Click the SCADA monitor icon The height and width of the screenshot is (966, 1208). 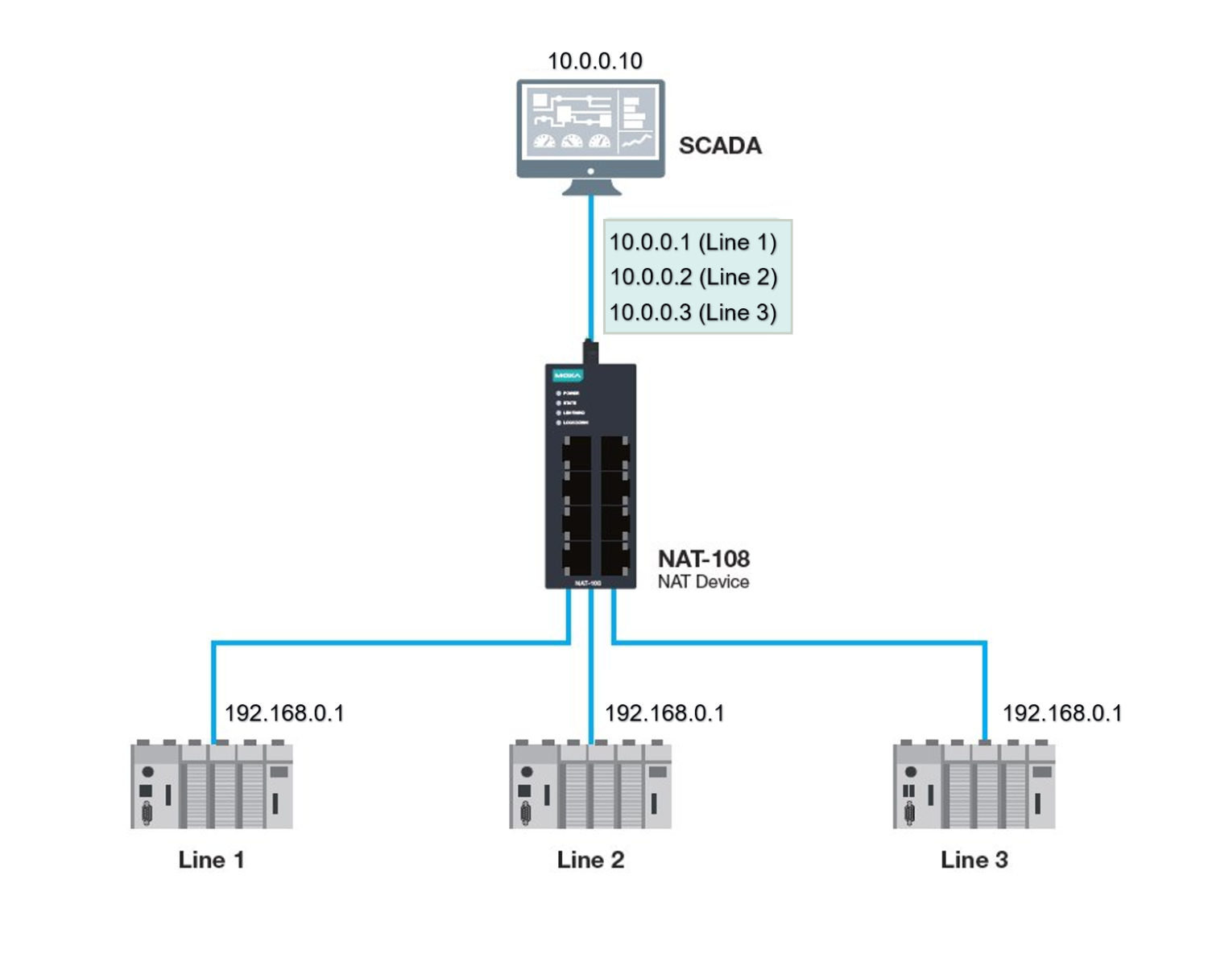click(x=590, y=129)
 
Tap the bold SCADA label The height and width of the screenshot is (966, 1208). click(x=720, y=146)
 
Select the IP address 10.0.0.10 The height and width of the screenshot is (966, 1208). click(x=595, y=61)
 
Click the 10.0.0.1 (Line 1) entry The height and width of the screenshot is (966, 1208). click(x=693, y=242)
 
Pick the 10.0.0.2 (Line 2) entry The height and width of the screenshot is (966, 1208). click(x=693, y=277)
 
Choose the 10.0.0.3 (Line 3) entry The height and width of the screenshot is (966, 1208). click(x=693, y=312)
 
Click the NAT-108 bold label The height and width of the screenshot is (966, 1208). click(x=704, y=559)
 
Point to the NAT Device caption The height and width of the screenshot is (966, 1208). click(x=703, y=582)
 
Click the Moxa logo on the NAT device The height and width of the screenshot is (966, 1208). click(x=568, y=376)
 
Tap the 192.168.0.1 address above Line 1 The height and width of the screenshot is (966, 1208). click(x=284, y=713)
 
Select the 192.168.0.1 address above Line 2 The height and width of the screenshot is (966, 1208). click(x=664, y=713)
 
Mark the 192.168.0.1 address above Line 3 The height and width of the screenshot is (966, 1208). click(x=1061, y=713)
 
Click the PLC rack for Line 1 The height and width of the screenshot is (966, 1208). click(x=212, y=785)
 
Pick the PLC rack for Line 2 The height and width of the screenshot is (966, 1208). click(x=590, y=785)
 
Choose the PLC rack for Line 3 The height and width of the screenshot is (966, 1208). click(x=974, y=785)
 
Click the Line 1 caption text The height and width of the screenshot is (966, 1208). click(x=211, y=860)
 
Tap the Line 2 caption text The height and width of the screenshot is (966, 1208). click(x=590, y=860)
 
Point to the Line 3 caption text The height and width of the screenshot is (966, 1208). click(x=974, y=860)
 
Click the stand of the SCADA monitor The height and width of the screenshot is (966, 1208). click(x=591, y=188)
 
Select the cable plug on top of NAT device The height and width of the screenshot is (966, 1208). click(x=590, y=352)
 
